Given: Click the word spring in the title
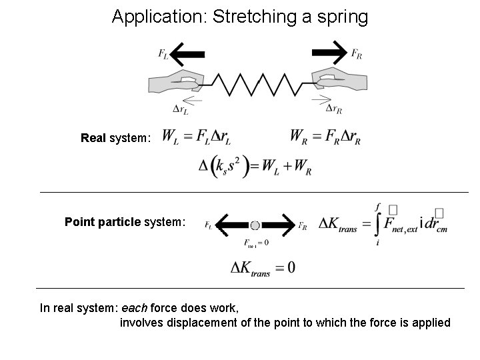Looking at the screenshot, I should pos(343,17).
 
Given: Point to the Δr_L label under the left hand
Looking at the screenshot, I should pos(182,109).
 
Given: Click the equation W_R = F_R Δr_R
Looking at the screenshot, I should pos(325,137).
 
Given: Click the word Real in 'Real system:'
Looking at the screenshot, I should pos(93,139).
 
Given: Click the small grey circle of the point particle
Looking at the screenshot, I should pos(255,225).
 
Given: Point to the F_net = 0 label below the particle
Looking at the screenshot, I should pos(257,243).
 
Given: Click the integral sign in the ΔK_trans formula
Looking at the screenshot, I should pos(378,224).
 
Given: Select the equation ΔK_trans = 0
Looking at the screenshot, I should pos(263,268).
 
